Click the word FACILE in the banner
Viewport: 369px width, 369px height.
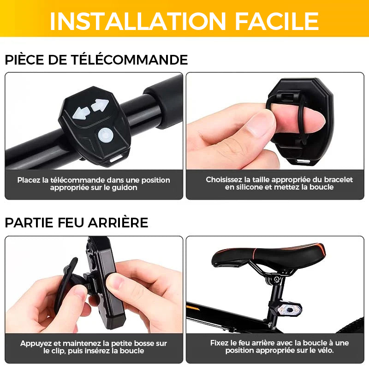277,21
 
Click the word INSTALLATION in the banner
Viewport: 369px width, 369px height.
138,21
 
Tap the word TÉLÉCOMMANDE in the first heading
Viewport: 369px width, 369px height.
130,60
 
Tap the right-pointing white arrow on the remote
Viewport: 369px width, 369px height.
100,105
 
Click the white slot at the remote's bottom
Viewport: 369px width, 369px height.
116,159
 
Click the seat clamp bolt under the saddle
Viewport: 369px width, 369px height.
276,280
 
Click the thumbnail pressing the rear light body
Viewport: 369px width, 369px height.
117,283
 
